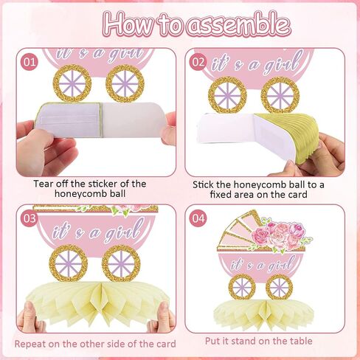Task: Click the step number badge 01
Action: tap(30, 63)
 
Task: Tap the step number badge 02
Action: tap(198, 62)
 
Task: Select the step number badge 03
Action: tap(30, 218)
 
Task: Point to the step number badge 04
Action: tap(198, 218)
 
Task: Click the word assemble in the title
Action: tap(238, 25)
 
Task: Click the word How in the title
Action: tap(131, 24)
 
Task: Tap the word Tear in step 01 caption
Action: tap(44, 184)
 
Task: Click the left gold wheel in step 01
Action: tap(72, 83)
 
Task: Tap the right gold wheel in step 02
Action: tap(280, 95)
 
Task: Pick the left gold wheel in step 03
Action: tap(69, 263)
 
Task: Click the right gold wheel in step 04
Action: tap(280, 287)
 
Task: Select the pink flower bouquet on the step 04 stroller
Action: tap(280, 235)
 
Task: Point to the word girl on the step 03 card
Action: tap(124, 231)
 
